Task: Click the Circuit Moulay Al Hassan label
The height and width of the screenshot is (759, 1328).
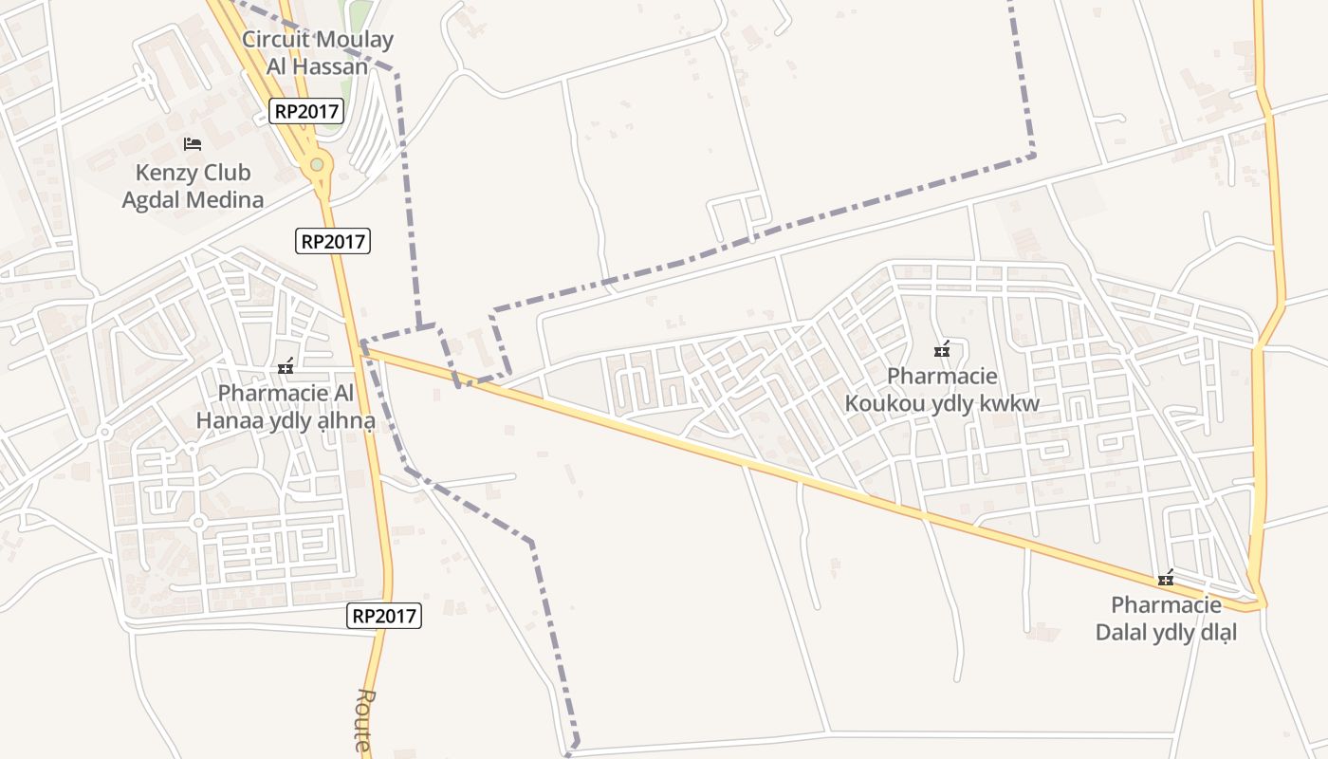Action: click(x=317, y=53)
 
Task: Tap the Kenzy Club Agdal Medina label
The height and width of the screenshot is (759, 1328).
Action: click(x=193, y=186)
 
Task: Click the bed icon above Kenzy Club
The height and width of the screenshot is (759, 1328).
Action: click(x=193, y=144)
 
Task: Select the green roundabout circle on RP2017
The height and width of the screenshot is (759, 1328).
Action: click(x=317, y=165)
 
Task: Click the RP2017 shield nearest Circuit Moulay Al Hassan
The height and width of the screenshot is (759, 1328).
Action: click(x=305, y=111)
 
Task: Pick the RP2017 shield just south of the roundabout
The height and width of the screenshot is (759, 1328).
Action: click(x=332, y=241)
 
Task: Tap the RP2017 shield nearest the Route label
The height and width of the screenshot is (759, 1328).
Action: click(x=384, y=616)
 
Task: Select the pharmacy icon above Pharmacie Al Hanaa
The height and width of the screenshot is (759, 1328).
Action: click(x=285, y=366)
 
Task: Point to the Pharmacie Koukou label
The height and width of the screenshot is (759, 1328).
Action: click(x=942, y=390)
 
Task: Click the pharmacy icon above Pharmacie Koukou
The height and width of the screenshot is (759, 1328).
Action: click(x=941, y=350)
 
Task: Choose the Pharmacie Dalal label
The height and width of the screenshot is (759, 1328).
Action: click(x=1166, y=619)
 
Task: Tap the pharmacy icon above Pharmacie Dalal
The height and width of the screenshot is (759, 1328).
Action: click(x=1166, y=579)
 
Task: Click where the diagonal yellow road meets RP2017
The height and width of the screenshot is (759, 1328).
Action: click(x=361, y=348)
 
